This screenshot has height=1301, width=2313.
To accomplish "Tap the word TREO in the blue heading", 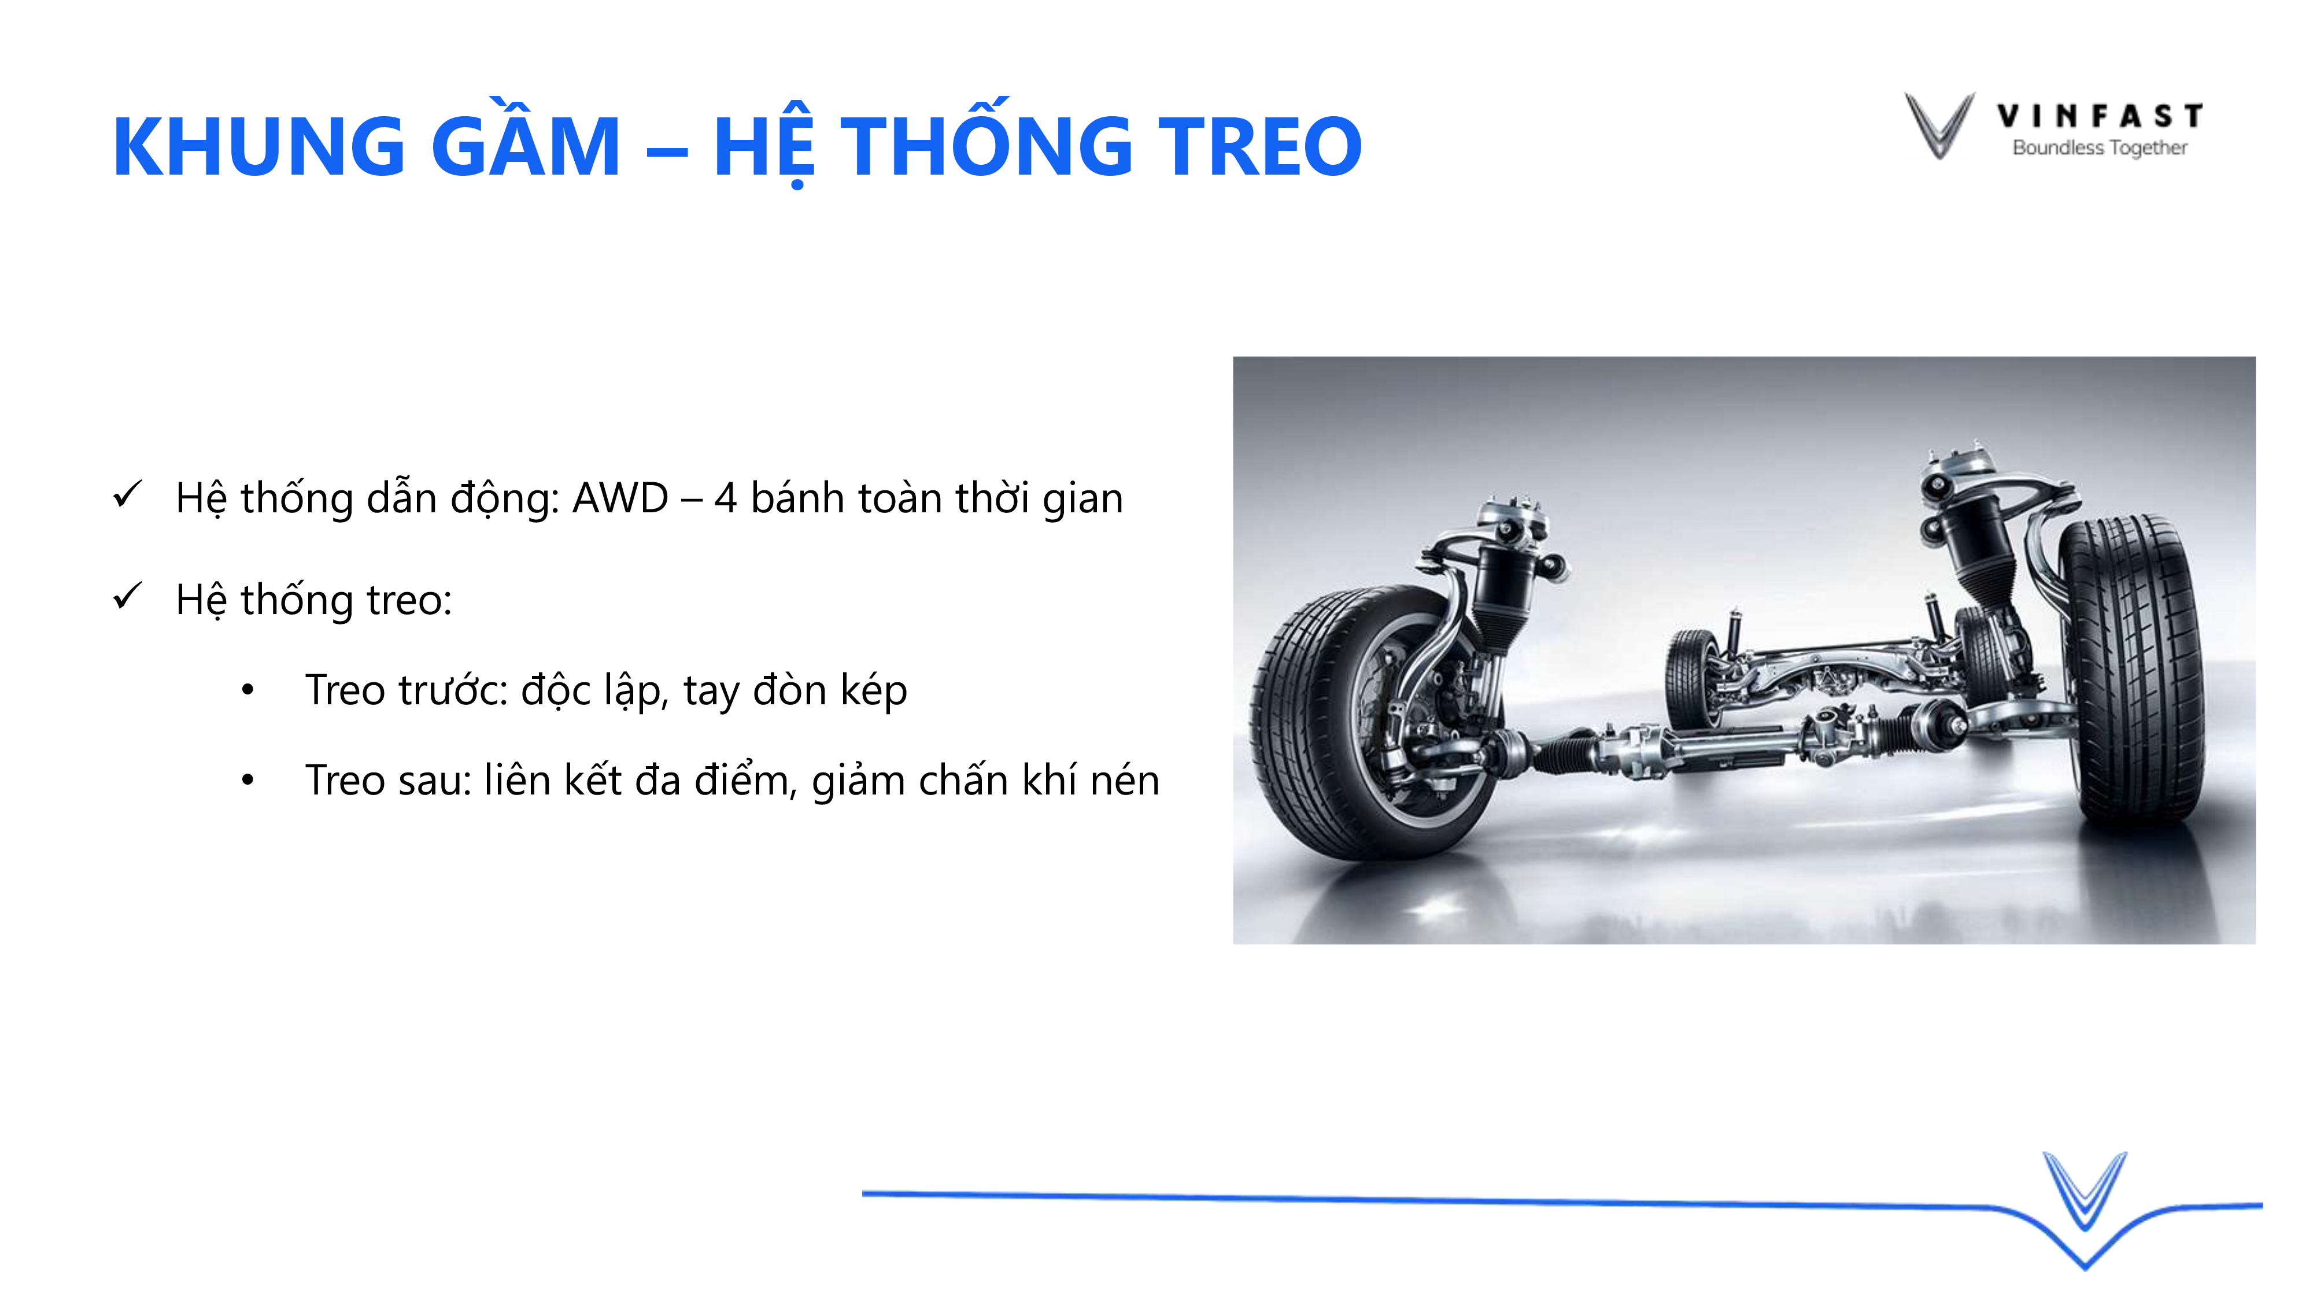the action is pos(1259,146).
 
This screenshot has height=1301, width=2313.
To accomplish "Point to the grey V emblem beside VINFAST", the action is pos(1939,125).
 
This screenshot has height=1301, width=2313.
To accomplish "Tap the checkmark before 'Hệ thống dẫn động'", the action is pos(127,495).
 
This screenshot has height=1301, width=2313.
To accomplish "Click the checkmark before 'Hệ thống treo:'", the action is pos(127,596).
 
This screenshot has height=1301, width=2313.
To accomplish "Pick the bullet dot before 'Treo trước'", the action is pos(248,690).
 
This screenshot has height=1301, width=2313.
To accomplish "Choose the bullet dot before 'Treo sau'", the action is pos(248,779).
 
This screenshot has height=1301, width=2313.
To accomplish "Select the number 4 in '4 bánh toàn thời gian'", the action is pos(726,498).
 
